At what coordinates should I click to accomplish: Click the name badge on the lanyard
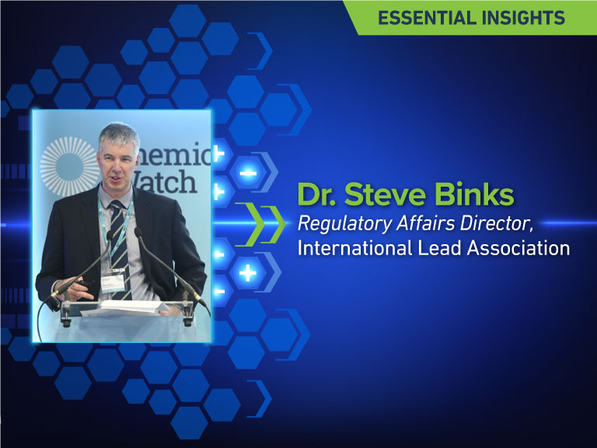tap(116, 282)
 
